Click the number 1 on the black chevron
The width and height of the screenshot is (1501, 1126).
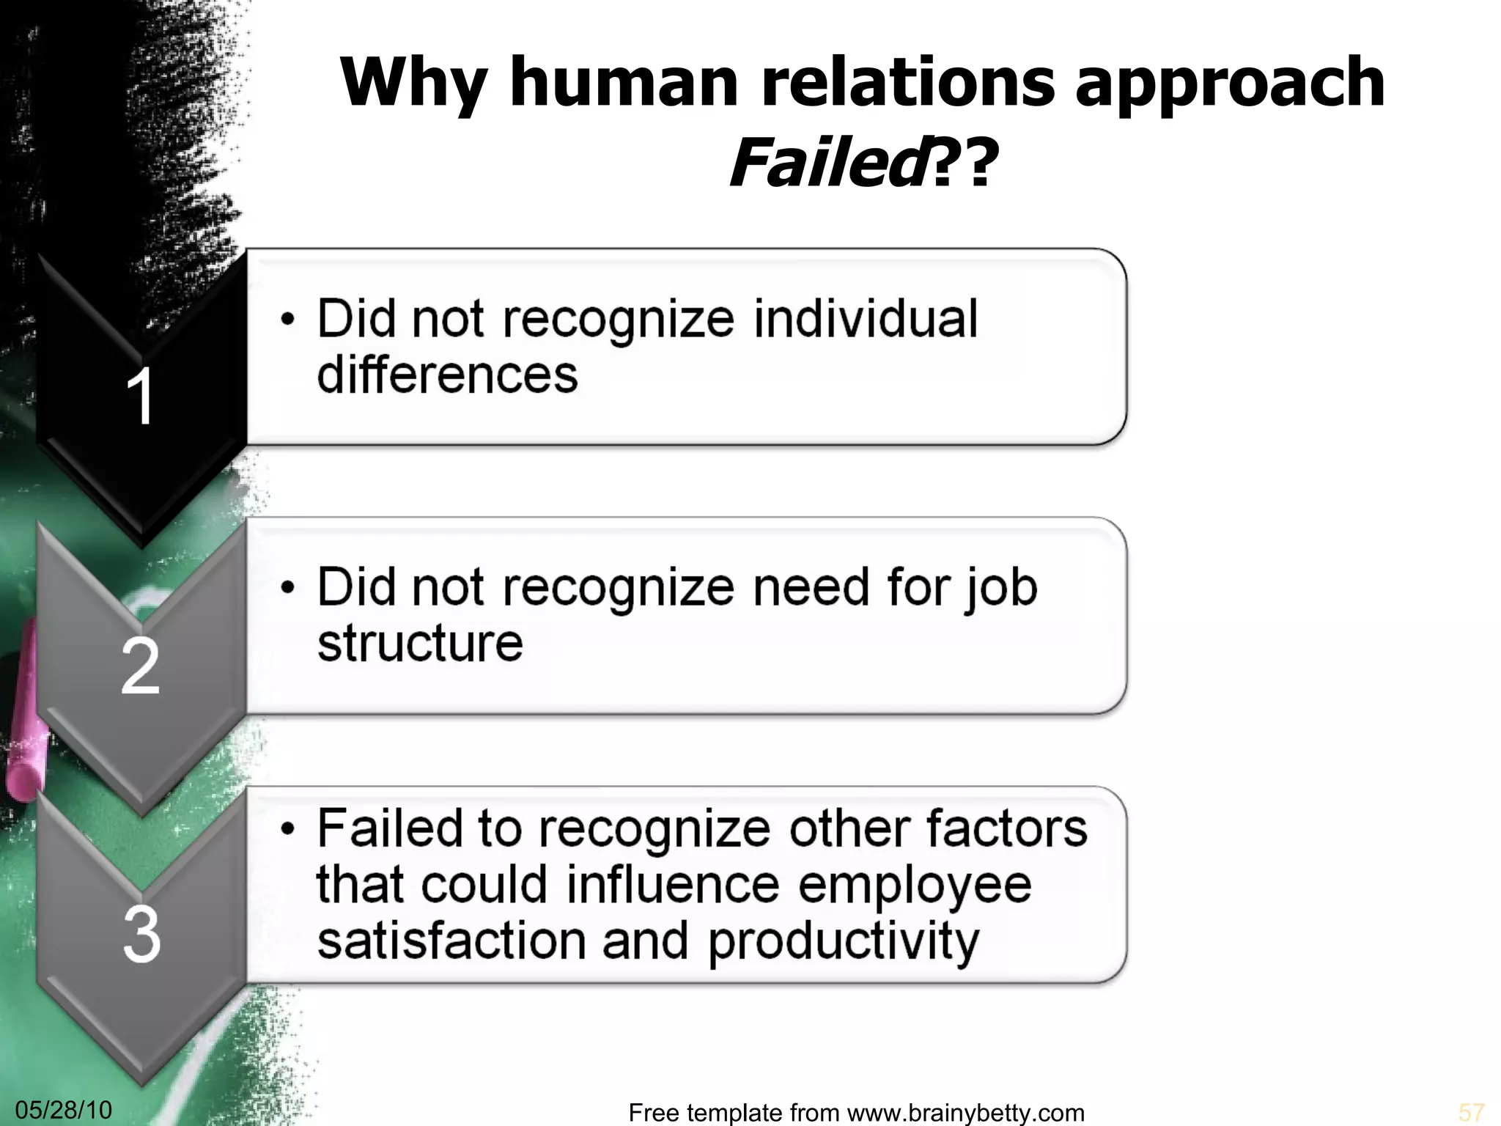pos(140,397)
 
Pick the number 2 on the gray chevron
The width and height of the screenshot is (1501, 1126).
pos(140,666)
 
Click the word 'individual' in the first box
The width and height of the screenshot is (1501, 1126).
pos(866,319)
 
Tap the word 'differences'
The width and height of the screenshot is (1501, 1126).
pos(447,375)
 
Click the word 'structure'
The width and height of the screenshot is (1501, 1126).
pos(420,643)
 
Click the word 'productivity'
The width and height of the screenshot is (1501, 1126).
pos(843,941)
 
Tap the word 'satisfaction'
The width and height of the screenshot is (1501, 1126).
pos(451,941)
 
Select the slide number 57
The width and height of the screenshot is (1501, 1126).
pos(1471,1112)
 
